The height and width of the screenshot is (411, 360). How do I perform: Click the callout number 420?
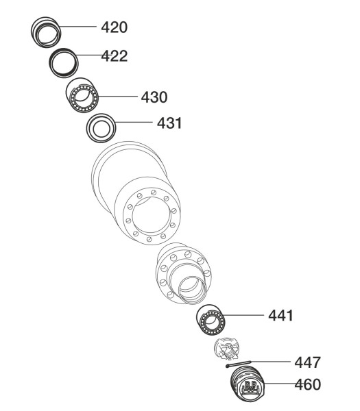coord(114,27)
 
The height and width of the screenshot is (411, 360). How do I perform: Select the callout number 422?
coord(115,56)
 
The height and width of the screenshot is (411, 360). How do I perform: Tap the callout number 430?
coord(154,97)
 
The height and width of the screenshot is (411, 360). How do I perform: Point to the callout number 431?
coord(169,123)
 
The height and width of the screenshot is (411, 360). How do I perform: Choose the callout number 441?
coord(280,315)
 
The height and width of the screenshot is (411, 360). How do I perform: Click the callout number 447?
coord(307,362)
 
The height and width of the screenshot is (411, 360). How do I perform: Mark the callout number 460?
coord(307,384)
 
